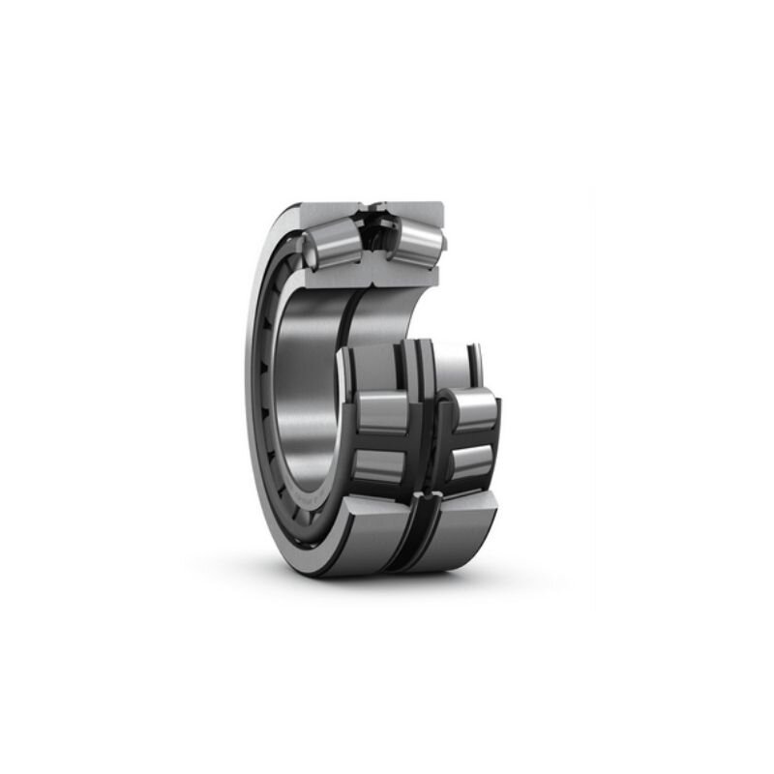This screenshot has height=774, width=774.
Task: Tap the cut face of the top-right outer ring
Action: (x=421, y=213)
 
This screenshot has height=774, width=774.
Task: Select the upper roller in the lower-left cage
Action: (x=382, y=411)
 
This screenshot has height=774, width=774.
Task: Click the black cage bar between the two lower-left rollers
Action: (x=380, y=440)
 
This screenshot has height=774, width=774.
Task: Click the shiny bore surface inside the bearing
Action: (x=300, y=387)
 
